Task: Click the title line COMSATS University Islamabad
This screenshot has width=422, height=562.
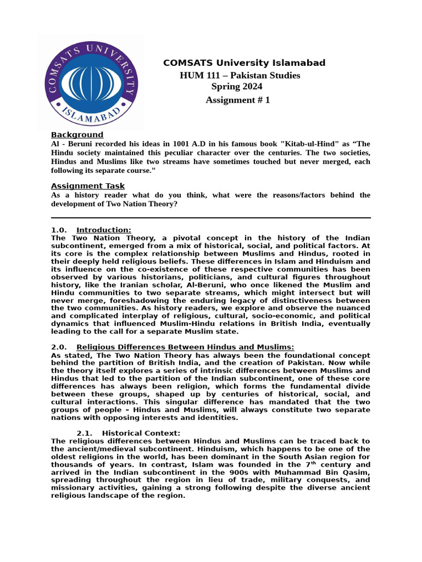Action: click(244, 63)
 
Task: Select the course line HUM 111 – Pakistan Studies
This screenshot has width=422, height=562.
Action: click(240, 75)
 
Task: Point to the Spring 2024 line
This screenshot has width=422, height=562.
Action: click(237, 87)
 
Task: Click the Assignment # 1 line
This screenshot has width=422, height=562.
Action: click(237, 100)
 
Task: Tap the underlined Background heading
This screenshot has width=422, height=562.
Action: click(77, 134)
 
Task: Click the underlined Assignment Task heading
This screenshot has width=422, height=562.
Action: click(88, 186)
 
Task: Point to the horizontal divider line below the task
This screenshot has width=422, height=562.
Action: click(210, 218)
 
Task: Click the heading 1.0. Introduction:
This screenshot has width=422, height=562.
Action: click(91, 230)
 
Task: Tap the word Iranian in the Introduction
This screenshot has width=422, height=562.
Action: click(136, 285)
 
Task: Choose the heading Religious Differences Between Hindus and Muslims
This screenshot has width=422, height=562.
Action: click(185, 347)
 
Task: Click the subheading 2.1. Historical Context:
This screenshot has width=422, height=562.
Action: click(129, 434)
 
